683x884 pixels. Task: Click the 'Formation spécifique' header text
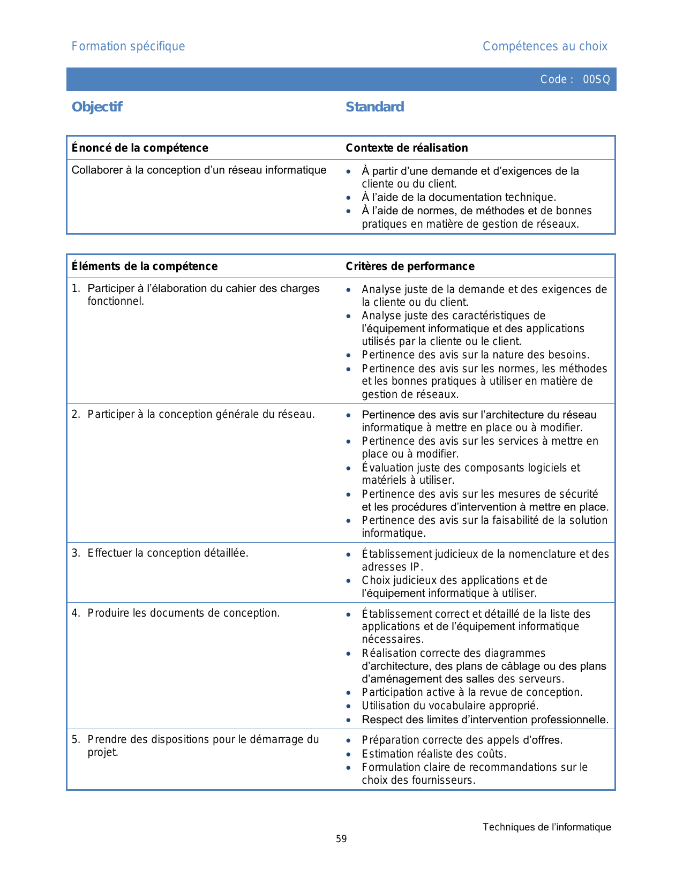coord(128,47)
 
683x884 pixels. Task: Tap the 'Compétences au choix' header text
coord(545,47)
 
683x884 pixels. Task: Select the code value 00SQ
coord(596,80)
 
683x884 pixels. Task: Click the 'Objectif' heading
coord(97,107)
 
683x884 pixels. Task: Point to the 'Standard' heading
coord(374,107)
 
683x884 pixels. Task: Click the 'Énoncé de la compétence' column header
coord(140,148)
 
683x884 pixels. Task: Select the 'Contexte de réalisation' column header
coord(407,148)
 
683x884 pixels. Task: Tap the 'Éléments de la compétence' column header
coord(145,266)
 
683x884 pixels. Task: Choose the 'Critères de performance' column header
coord(410,266)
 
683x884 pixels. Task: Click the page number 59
coord(341,839)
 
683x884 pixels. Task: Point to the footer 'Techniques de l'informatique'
coord(546,827)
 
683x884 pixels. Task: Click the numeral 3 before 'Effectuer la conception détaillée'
coord(75,553)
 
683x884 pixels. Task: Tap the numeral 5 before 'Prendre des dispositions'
coord(75,740)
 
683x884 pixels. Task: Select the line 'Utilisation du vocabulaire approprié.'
coord(450,706)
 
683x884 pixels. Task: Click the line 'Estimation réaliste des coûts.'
coord(434,754)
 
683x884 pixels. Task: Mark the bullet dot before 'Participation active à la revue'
coord(349,693)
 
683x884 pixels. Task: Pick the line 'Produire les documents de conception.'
coord(183,613)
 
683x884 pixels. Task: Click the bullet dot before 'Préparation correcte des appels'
coord(349,741)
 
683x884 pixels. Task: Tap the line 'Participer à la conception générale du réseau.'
coord(201,414)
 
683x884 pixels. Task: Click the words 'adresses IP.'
coord(392,567)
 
